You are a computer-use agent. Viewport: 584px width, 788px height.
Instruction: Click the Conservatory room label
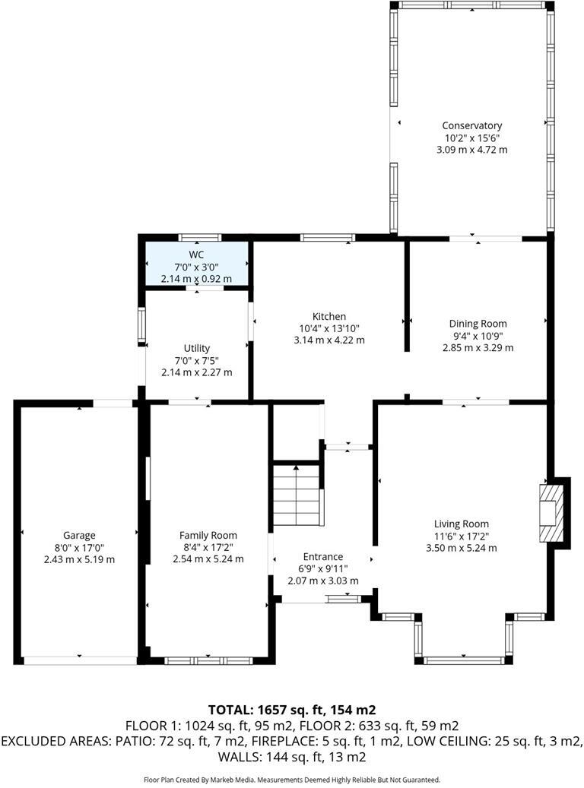point(471,125)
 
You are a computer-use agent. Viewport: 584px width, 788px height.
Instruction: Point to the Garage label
point(79,535)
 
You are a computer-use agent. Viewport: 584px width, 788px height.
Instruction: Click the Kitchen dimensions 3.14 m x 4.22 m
point(328,340)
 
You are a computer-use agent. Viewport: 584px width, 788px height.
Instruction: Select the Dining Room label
point(478,324)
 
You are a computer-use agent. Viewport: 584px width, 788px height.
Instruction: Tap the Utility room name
point(196,348)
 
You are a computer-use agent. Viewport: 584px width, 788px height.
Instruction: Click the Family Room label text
point(208,535)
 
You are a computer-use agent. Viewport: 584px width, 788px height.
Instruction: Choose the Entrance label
point(322,556)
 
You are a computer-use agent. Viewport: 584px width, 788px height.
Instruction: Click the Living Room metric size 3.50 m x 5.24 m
point(462,548)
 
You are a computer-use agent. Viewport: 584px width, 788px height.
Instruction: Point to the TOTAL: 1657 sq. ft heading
point(292,710)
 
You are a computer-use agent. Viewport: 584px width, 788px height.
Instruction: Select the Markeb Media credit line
point(292,780)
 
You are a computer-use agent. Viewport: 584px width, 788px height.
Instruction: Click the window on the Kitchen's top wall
point(327,237)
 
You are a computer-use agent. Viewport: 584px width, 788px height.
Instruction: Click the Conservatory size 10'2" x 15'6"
point(471,138)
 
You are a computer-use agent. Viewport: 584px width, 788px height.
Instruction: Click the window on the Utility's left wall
point(141,324)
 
